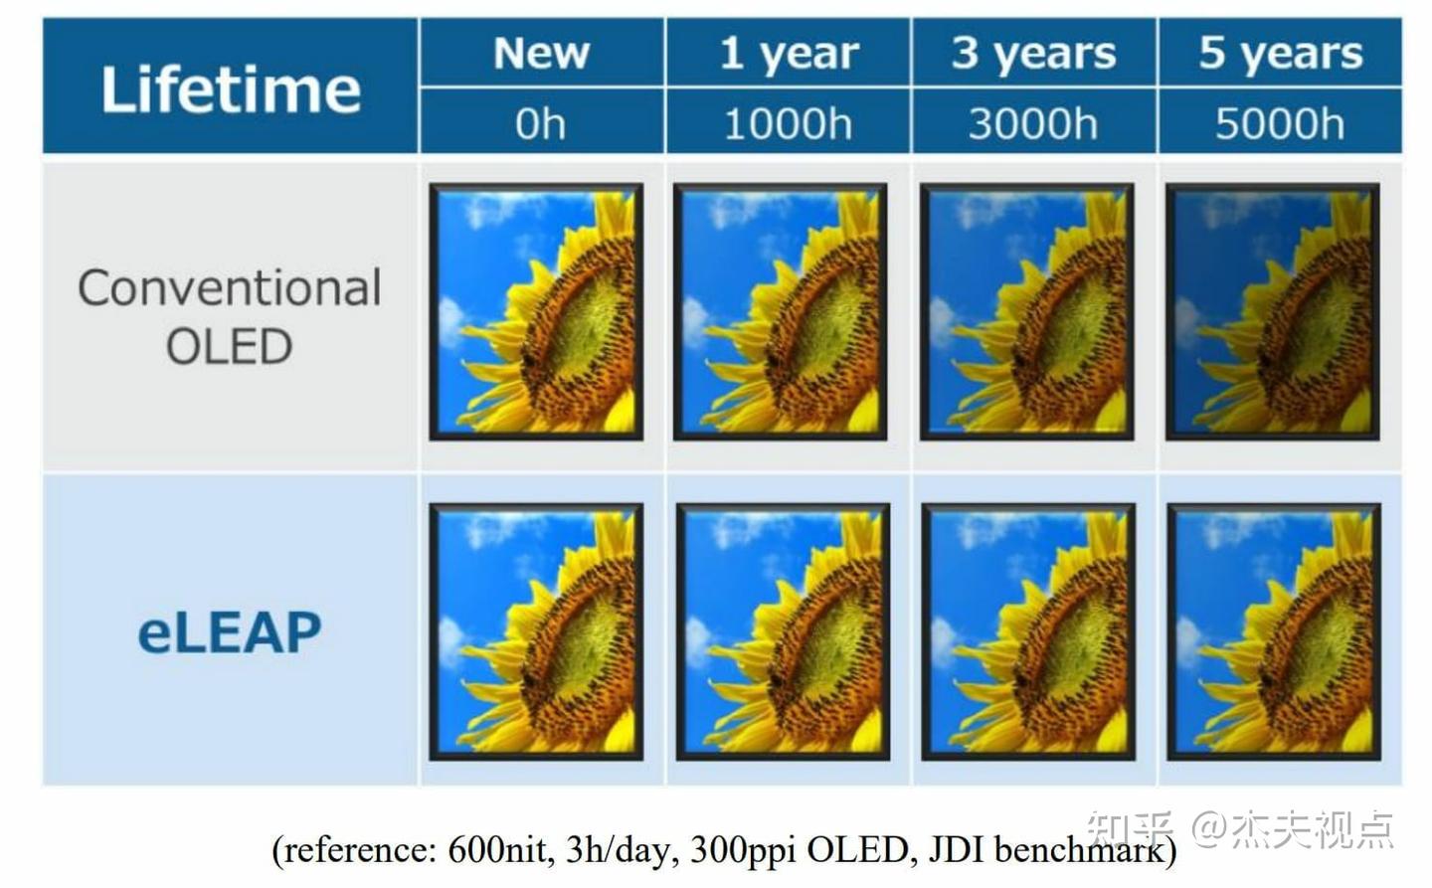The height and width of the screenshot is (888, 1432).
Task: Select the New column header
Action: pos(541,53)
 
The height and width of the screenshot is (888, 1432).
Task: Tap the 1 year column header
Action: pos(789,53)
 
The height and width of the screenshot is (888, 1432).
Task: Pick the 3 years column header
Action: pos(1033,53)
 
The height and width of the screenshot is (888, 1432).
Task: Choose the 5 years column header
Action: pos(1280,53)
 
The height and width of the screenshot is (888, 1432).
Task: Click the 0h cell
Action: pos(541,123)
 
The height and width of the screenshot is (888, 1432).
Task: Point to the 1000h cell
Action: pos(788,123)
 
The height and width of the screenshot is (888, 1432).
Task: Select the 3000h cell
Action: pos(1033,123)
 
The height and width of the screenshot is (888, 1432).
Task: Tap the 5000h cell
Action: pos(1280,123)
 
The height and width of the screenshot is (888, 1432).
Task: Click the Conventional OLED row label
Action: pos(230,316)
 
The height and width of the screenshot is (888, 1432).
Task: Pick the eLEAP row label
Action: pos(230,632)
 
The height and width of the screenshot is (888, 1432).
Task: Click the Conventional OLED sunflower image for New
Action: pos(536,311)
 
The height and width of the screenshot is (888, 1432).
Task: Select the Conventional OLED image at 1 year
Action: pos(781,311)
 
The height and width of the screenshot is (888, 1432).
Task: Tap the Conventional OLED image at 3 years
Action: pos(1027,311)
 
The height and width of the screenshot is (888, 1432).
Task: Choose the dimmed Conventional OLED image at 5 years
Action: pos(1273,311)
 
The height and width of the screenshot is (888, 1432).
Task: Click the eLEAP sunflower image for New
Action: pos(536,632)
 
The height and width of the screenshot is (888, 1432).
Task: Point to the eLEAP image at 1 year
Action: pos(783,632)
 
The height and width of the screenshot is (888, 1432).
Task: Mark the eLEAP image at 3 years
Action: pos(1028,632)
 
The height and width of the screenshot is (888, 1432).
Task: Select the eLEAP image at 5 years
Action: pos(1274,632)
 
